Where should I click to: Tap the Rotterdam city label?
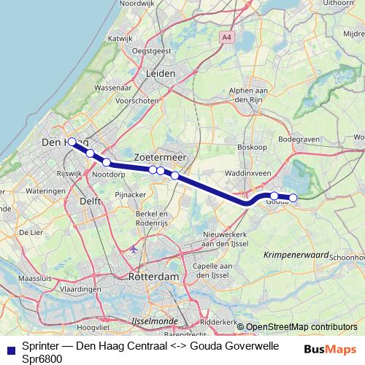click(x=153, y=278)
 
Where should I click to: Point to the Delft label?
click(x=89, y=200)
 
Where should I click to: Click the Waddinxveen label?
click(x=248, y=174)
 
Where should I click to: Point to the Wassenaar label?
click(x=112, y=87)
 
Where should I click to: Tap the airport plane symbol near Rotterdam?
click(x=133, y=249)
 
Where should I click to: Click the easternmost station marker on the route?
click(x=293, y=197)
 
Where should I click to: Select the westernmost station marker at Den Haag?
click(x=72, y=142)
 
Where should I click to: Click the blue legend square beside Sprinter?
click(x=9, y=348)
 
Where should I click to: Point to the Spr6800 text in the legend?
click(x=41, y=359)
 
